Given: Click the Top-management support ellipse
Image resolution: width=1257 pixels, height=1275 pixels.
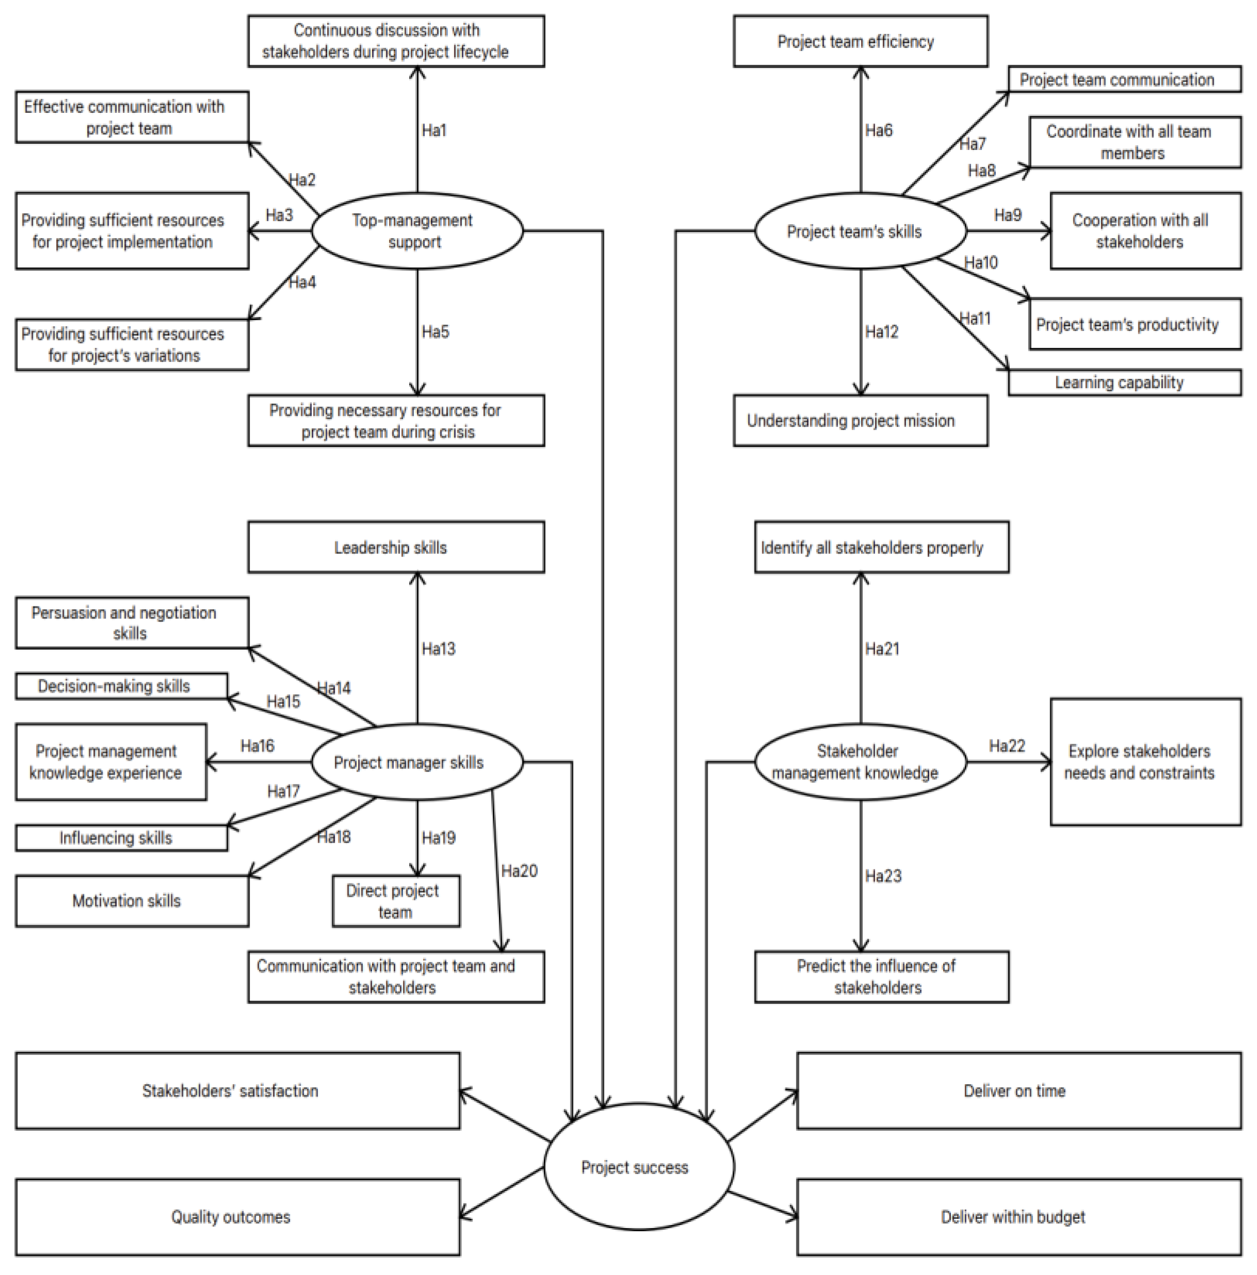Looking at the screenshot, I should tap(416, 230).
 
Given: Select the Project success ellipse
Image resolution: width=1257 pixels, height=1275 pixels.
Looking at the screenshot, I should tap(638, 1166).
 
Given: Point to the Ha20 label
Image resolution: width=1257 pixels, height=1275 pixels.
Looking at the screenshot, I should tap(518, 870).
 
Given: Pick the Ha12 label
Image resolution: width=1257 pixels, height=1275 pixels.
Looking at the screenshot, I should tap(881, 331).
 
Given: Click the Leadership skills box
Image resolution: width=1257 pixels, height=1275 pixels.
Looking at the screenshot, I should tap(396, 547).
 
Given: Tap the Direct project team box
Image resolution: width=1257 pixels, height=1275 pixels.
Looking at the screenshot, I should tap(395, 901).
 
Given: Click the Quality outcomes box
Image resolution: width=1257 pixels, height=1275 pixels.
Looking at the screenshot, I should tap(238, 1216).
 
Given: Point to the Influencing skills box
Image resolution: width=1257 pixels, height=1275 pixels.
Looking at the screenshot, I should tap(122, 837).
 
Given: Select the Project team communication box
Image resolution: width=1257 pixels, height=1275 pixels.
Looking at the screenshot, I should tap(1123, 79).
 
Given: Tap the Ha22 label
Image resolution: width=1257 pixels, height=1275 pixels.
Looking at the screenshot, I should tap(1006, 746).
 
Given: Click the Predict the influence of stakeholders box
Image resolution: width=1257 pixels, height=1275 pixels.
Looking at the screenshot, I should tap(881, 976).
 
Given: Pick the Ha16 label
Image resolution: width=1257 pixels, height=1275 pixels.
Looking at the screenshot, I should tap(257, 746).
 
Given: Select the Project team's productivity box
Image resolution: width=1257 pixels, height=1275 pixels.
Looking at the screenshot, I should tap(1134, 324).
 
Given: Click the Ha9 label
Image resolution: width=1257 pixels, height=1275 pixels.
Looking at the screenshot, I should tap(1007, 214).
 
